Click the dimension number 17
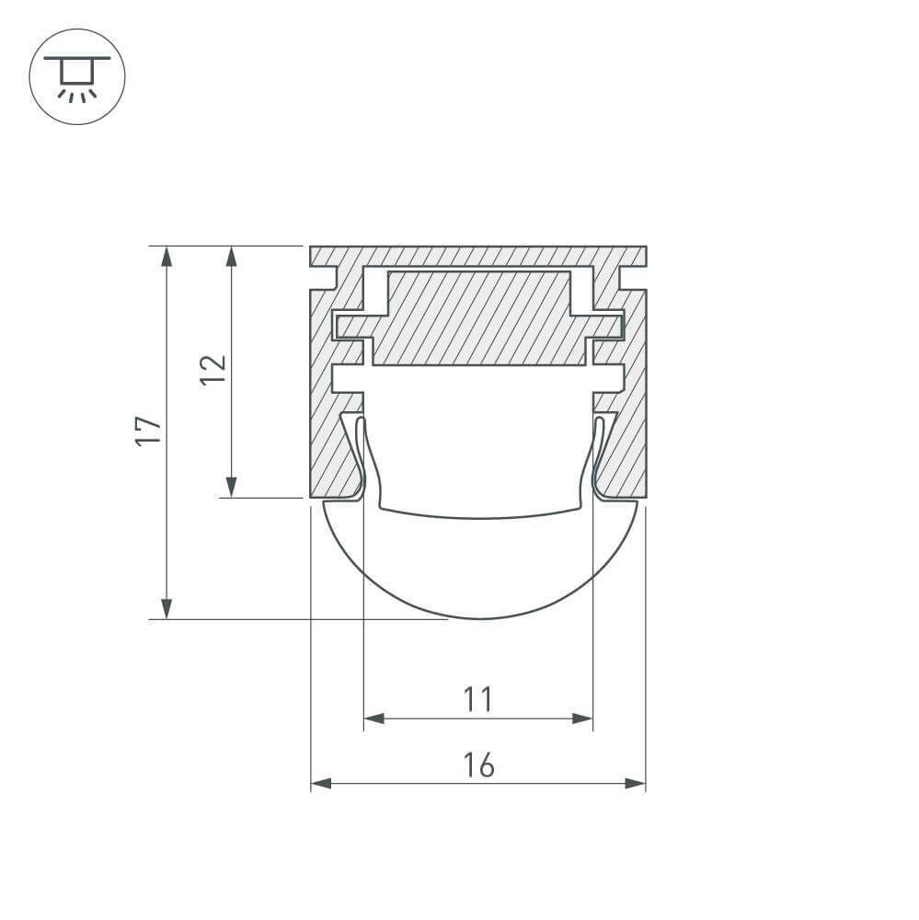tap(148, 431)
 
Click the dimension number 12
tap(213, 370)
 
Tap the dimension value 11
tap(478, 699)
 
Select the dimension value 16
tap(479, 765)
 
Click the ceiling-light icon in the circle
tap(77, 77)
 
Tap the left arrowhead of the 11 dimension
tap(374, 719)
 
